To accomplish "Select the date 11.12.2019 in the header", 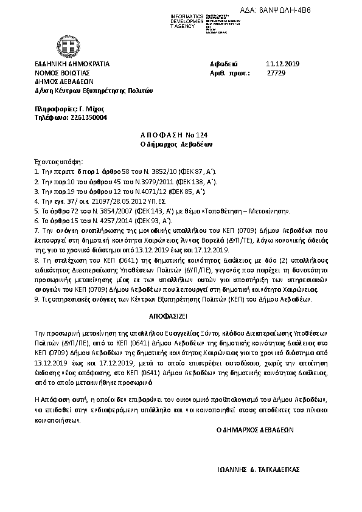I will [279, 64].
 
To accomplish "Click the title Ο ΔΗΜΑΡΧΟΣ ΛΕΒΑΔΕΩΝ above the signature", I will [255, 429].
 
